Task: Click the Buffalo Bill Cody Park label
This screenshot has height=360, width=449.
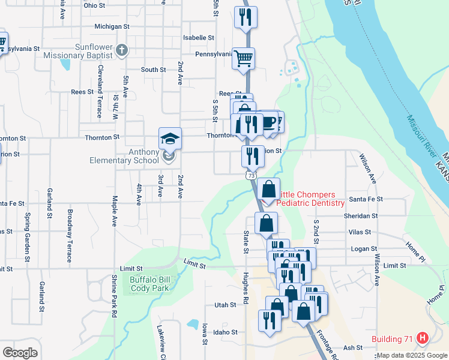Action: [x=150, y=283]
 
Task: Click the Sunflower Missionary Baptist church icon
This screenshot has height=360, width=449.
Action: [x=121, y=50]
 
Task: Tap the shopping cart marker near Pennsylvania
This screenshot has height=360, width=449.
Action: [x=244, y=59]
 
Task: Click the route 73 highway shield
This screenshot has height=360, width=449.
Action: [x=251, y=175]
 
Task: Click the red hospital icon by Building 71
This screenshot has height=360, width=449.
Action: [x=423, y=339]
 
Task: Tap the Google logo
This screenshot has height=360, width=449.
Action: [x=20, y=352]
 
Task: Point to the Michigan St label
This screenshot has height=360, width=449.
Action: [x=112, y=27]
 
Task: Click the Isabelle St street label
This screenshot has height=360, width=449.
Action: [x=199, y=37]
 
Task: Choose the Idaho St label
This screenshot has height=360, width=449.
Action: [x=225, y=332]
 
